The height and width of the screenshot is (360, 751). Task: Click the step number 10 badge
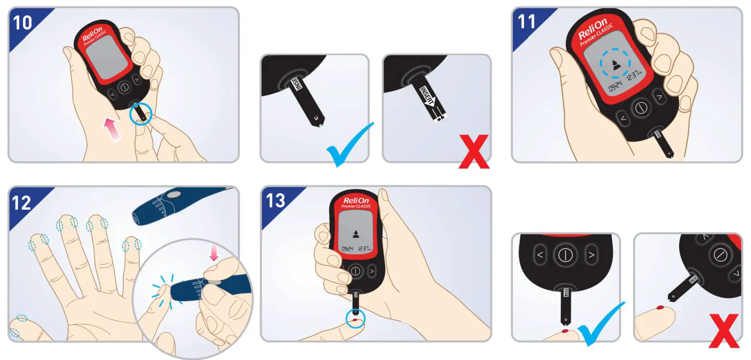coord(23,22)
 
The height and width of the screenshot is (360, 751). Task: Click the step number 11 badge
coord(527,22)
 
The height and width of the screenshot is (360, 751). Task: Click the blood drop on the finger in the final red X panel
coord(660,307)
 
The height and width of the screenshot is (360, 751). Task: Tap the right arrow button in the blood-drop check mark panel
coord(592,255)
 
